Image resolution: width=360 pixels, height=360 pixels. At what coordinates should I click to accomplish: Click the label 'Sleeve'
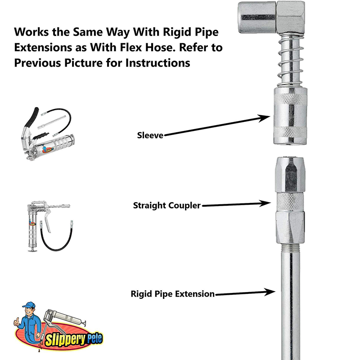click(x=150, y=135)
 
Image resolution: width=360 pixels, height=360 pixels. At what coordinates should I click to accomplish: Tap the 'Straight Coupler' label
click(x=167, y=206)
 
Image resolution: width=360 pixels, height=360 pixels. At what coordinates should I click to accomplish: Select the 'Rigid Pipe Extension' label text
click(x=173, y=294)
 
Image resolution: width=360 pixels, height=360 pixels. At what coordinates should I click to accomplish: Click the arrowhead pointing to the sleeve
click(x=264, y=118)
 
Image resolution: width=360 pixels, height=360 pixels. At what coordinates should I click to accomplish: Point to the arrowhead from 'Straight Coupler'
click(x=265, y=203)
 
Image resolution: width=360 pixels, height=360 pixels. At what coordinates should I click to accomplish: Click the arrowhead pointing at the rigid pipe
click(x=270, y=292)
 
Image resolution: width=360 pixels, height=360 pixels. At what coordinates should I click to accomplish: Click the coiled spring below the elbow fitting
click(x=290, y=60)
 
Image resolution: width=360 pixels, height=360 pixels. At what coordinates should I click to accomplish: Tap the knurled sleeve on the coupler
click(x=290, y=116)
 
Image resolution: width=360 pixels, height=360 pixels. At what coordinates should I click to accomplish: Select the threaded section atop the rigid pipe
click(x=291, y=247)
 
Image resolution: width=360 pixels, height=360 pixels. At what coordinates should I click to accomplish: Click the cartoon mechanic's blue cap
click(x=29, y=305)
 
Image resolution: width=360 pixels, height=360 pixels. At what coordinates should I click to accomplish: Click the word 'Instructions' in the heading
click(x=158, y=63)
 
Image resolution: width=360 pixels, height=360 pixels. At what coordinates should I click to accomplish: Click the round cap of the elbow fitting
click(x=257, y=17)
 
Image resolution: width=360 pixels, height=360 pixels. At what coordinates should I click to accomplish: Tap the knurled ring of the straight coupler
click(x=290, y=202)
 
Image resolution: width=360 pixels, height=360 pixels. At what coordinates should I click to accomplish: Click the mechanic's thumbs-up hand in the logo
click(x=17, y=321)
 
